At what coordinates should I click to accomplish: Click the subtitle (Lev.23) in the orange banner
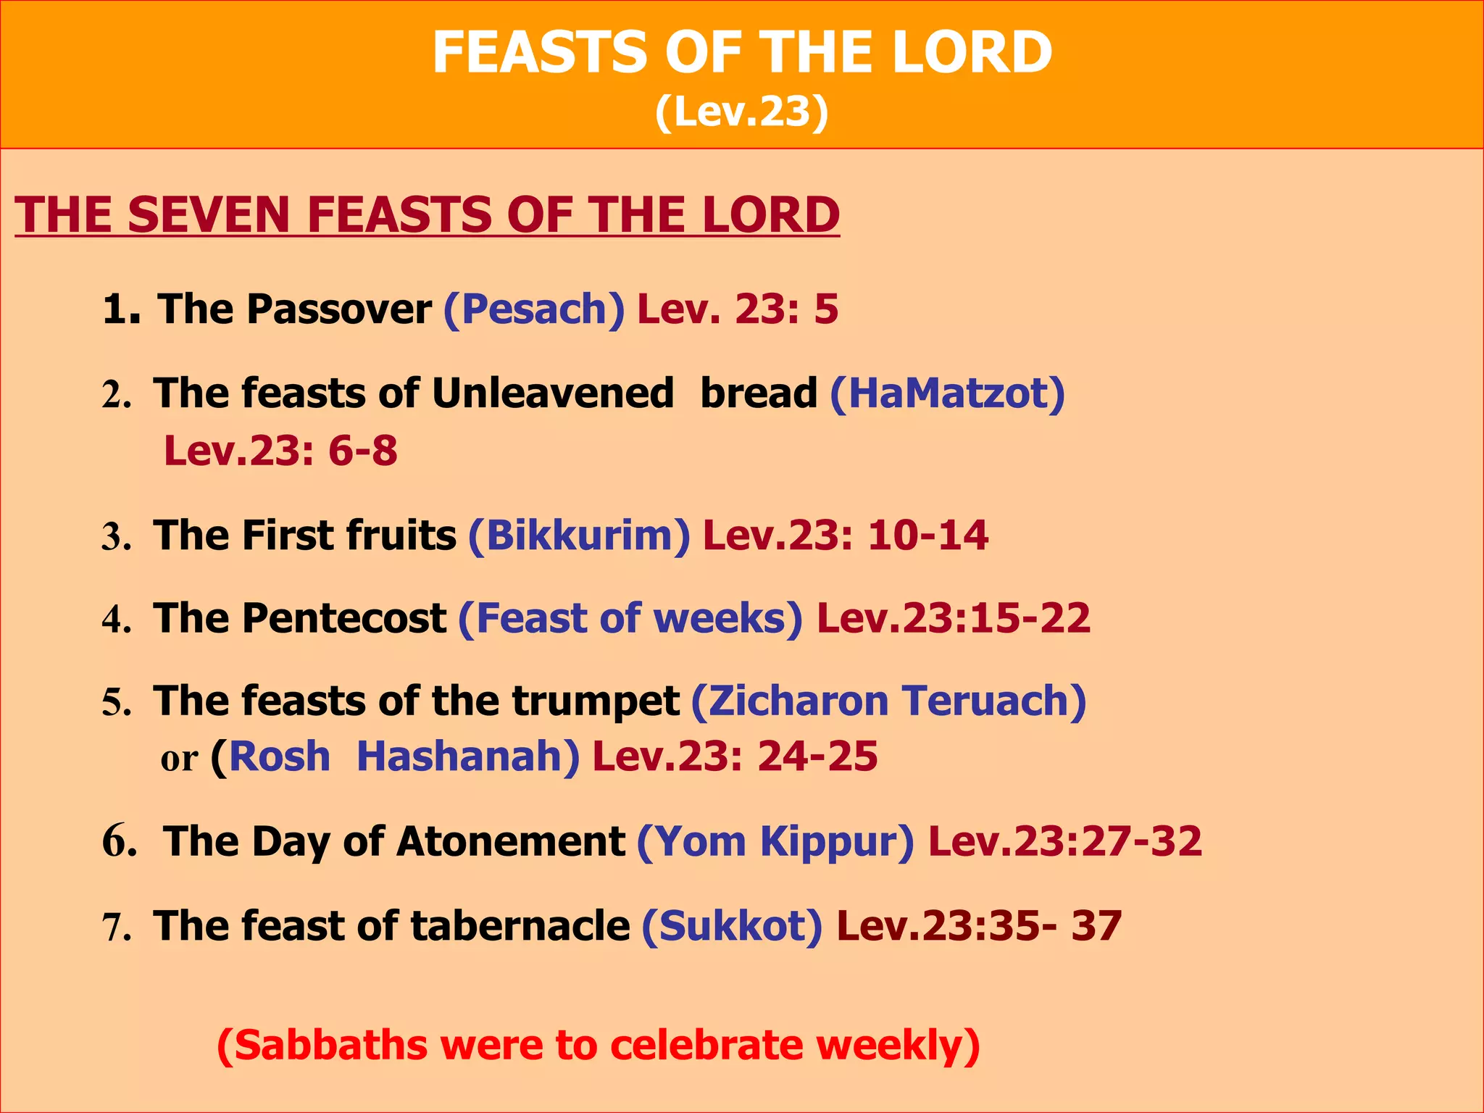click(x=741, y=112)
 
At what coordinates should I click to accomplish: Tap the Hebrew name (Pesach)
click(x=534, y=309)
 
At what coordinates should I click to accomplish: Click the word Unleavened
click(x=553, y=393)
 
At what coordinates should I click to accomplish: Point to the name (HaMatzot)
click(x=947, y=393)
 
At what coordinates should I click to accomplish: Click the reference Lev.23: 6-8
click(x=280, y=451)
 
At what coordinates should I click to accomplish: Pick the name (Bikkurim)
click(x=580, y=535)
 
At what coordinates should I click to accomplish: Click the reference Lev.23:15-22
click(x=953, y=618)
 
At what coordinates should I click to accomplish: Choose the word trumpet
click(x=595, y=701)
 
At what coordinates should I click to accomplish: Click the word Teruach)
click(x=994, y=701)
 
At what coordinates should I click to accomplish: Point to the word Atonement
click(x=511, y=841)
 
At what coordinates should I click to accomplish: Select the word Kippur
click(x=837, y=841)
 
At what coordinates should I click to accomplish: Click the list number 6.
click(x=118, y=841)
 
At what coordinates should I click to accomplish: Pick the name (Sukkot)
click(x=732, y=926)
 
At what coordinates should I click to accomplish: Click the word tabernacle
click(x=520, y=926)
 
